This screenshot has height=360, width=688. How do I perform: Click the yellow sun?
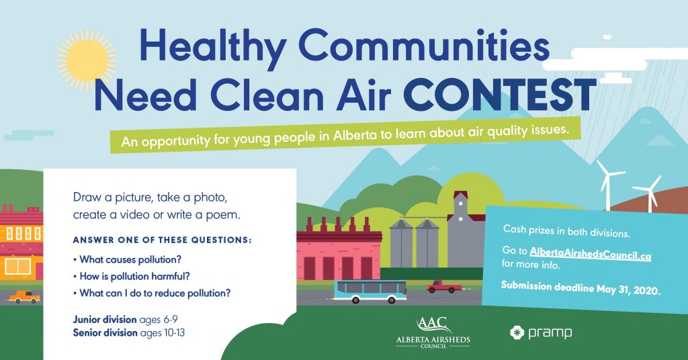(x=87, y=60)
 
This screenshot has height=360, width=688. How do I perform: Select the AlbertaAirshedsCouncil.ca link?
(x=590, y=254)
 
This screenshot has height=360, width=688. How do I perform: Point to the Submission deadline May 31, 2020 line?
(x=580, y=288)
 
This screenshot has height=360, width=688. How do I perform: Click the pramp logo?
(x=541, y=333)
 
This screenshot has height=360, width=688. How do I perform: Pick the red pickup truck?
(x=443, y=287)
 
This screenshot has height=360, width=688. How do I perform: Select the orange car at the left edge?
(x=25, y=297)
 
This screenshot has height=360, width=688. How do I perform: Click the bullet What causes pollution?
(x=127, y=259)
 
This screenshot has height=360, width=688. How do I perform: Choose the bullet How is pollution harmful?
(x=132, y=276)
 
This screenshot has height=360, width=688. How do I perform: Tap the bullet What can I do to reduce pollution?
(x=152, y=293)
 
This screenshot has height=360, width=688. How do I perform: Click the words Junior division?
(x=105, y=320)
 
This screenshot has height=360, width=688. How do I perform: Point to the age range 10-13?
(x=175, y=333)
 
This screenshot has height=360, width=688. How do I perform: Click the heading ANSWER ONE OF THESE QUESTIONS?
(x=163, y=240)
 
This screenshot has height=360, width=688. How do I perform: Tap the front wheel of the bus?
(x=355, y=300)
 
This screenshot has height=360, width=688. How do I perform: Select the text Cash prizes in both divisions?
(x=566, y=230)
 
